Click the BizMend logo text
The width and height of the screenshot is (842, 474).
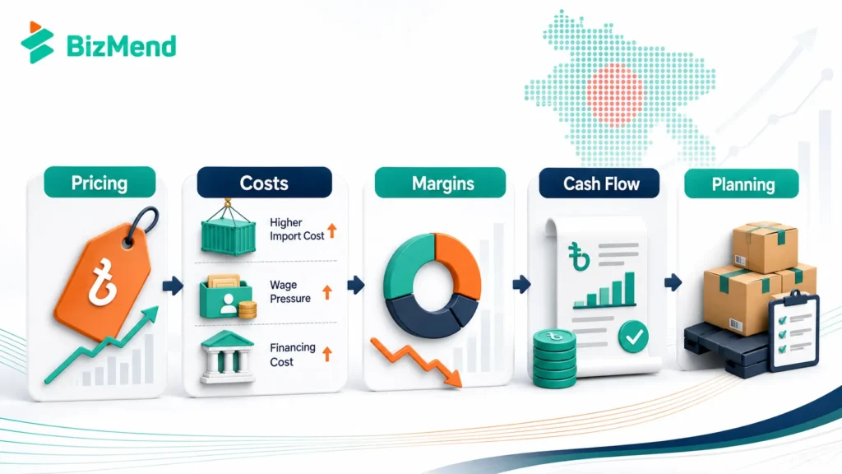122,46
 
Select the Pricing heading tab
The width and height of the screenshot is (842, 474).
99,183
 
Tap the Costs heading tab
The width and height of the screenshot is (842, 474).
264,183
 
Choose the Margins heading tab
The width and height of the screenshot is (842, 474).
441,184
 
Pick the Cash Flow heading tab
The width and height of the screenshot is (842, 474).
599,184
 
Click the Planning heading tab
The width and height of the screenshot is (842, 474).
742,184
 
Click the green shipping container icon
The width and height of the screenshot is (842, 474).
229,230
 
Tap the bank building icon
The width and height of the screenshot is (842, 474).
227,357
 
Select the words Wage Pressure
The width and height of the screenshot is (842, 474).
290,292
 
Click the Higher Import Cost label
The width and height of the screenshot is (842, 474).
297,230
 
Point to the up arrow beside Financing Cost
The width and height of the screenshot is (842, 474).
327,354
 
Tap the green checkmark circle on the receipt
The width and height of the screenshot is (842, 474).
633,337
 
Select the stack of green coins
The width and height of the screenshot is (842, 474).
554,359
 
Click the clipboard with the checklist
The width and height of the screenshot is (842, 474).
793,332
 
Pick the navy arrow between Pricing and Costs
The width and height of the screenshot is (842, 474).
173,286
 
